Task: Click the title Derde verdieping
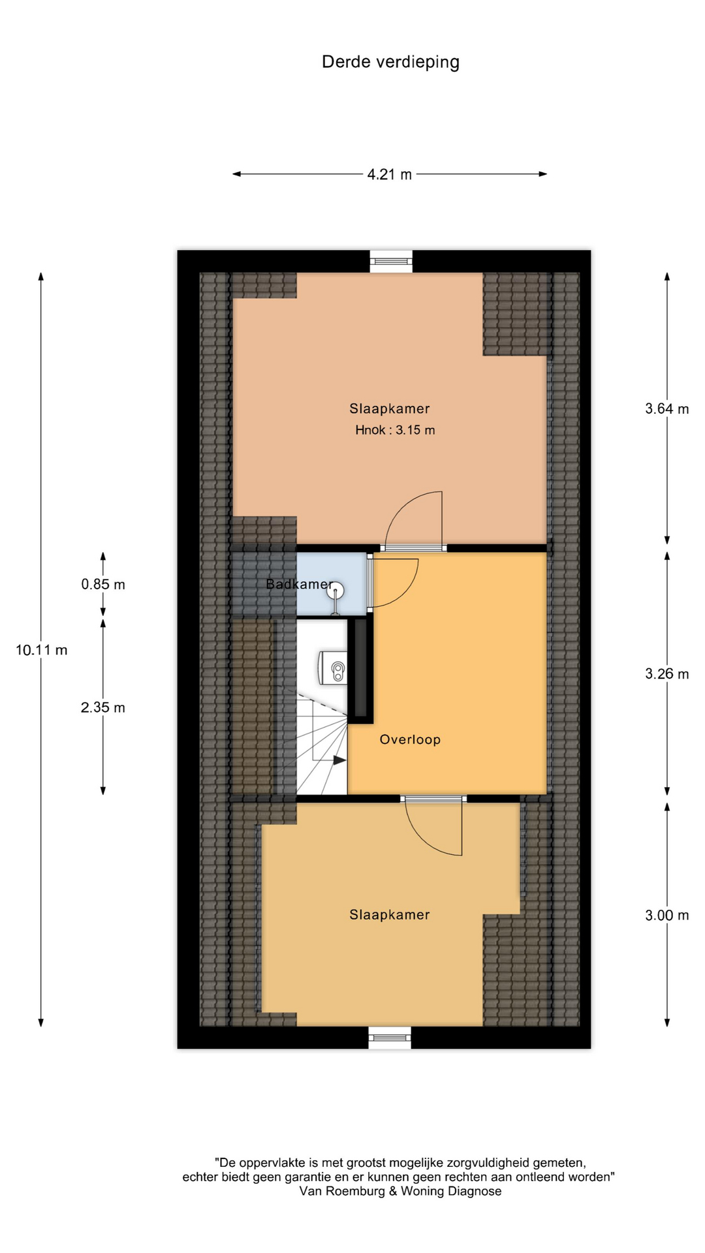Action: [x=390, y=63]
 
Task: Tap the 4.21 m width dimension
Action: [x=390, y=174]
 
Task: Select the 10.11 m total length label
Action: [x=42, y=650]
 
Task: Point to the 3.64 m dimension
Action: [x=667, y=409]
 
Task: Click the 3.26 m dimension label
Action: [x=667, y=674]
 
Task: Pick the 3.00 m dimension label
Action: [x=667, y=916]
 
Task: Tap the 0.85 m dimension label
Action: [x=103, y=585]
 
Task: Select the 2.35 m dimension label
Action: [x=103, y=707]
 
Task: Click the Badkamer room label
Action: [x=300, y=584]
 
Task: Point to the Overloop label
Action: [x=410, y=739]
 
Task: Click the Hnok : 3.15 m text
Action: [x=395, y=430]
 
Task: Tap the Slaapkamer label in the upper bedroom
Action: [x=390, y=409]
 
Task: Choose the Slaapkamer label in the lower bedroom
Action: [x=390, y=915]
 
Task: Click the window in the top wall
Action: [x=392, y=262]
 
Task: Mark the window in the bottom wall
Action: [x=390, y=1037]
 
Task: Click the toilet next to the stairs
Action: [x=332, y=668]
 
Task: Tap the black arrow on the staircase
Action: [x=339, y=760]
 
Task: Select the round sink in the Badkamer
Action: [x=336, y=592]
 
